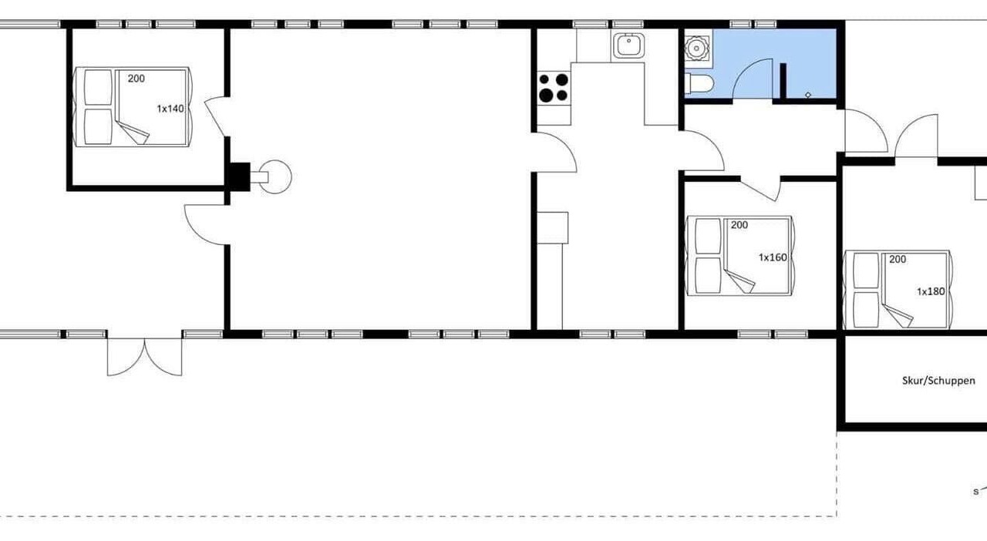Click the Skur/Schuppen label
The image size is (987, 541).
938,381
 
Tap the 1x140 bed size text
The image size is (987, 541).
170,109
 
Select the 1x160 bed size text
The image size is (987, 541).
773,257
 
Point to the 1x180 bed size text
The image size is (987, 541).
931,291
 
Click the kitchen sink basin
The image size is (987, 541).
628,45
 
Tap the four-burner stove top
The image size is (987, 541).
554,88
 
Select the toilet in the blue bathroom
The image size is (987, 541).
699,84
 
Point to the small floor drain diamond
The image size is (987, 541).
808,95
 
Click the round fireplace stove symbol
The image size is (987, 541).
276,176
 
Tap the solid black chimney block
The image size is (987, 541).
240,176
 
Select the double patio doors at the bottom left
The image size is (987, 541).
144,357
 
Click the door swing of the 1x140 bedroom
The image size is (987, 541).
216,116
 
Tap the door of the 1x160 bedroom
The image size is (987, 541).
761,189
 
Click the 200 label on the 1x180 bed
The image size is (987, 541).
898,259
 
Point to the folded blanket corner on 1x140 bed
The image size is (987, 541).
133,133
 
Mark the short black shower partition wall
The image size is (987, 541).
783,81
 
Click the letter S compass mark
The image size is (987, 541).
976,492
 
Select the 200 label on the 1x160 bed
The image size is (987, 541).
739,225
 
